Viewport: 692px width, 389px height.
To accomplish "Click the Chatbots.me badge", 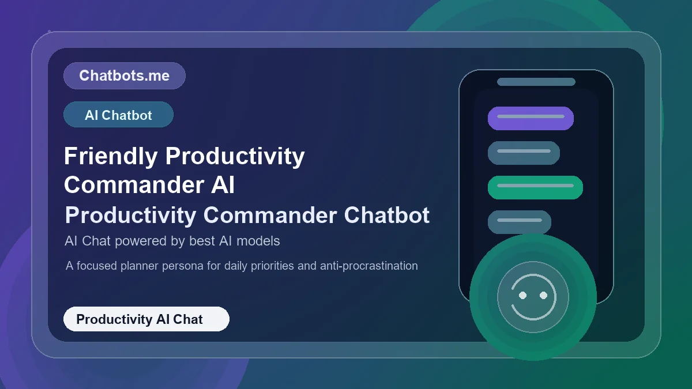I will pos(124,75).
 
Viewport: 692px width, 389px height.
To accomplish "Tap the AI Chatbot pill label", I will pos(118,115).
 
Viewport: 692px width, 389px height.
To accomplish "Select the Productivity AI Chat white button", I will pos(146,319).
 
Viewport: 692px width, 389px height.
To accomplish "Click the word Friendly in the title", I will pos(110,156).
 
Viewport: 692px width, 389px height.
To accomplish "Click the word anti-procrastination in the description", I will pos(369,266).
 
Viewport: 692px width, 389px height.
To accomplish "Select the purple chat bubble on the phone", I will pos(531,118).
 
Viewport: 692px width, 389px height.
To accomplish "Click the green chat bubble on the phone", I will pos(535,187).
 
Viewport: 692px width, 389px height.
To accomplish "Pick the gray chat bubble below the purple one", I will pos(524,153).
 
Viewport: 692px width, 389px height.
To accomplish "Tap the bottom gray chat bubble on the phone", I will pos(519,222).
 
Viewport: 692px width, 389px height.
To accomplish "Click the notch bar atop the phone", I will pos(536,82).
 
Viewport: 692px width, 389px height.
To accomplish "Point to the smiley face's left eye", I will pos(522,296).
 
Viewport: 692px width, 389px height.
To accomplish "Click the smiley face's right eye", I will pos(543,296).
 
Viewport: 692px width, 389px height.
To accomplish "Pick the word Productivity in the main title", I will pos(235,156).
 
